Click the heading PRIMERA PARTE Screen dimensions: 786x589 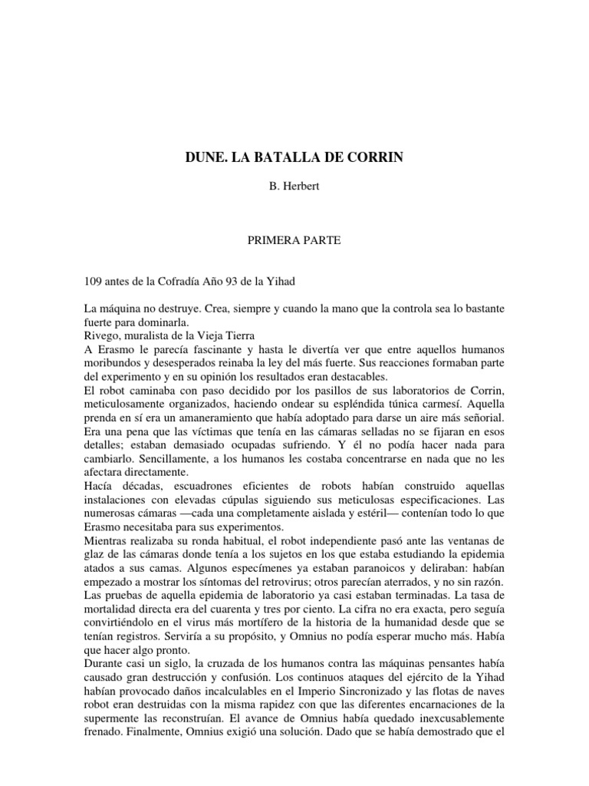(x=294, y=240)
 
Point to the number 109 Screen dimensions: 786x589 (x=94, y=282)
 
